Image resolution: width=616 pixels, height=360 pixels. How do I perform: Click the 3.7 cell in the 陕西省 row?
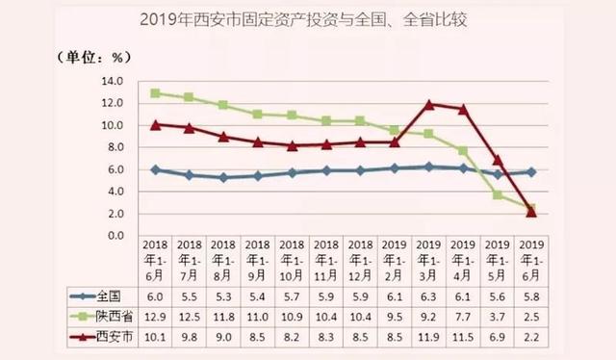point(497,315)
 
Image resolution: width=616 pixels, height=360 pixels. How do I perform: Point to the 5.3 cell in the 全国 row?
point(222,296)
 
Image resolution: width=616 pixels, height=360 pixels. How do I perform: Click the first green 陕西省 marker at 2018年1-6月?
point(154,93)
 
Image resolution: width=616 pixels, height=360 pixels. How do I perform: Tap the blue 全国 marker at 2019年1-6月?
point(530,171)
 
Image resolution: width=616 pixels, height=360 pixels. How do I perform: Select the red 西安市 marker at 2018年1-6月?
point(154,124)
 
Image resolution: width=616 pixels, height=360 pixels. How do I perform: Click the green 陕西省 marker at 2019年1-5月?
point(497,194)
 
